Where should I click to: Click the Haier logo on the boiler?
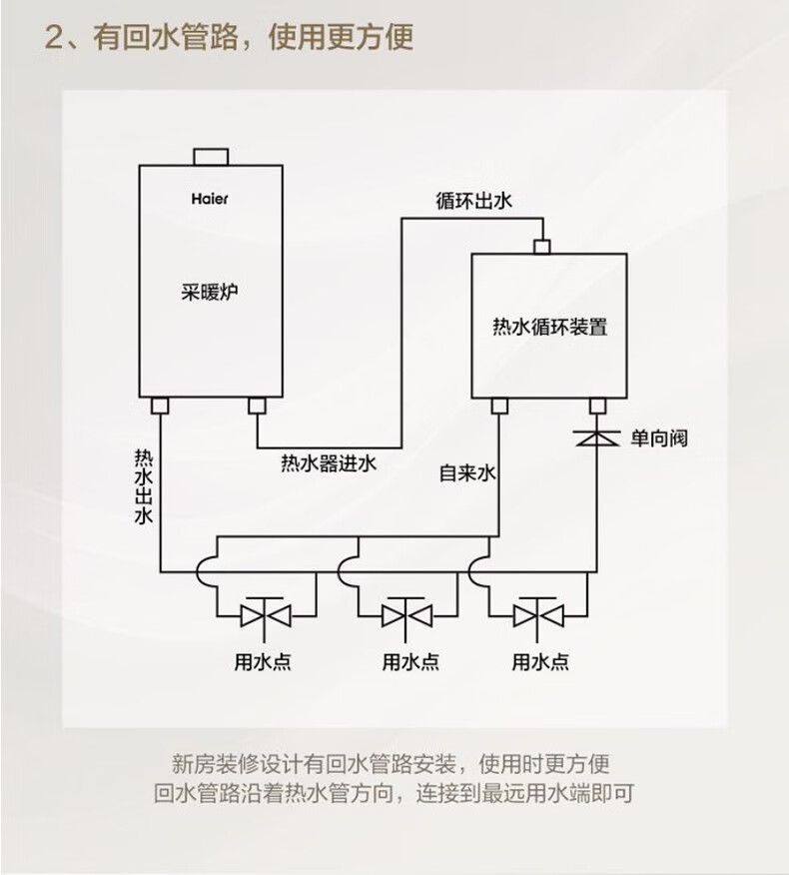(x=210, y=198)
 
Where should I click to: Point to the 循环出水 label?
(x=473, y=200)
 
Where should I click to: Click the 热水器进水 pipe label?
(x=330, y=462)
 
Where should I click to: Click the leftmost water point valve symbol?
(x=266, y=611)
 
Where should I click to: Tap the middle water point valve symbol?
(x=403, y=611)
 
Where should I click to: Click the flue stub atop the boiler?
(x=211, y=156)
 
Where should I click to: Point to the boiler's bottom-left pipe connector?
(x=159, y=406)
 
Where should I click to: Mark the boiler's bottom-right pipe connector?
(x=257, y=406)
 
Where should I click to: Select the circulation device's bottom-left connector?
(x=499, y=406)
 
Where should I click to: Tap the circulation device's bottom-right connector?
(x=598, y=406)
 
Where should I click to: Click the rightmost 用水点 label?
(x=540, y=661)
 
